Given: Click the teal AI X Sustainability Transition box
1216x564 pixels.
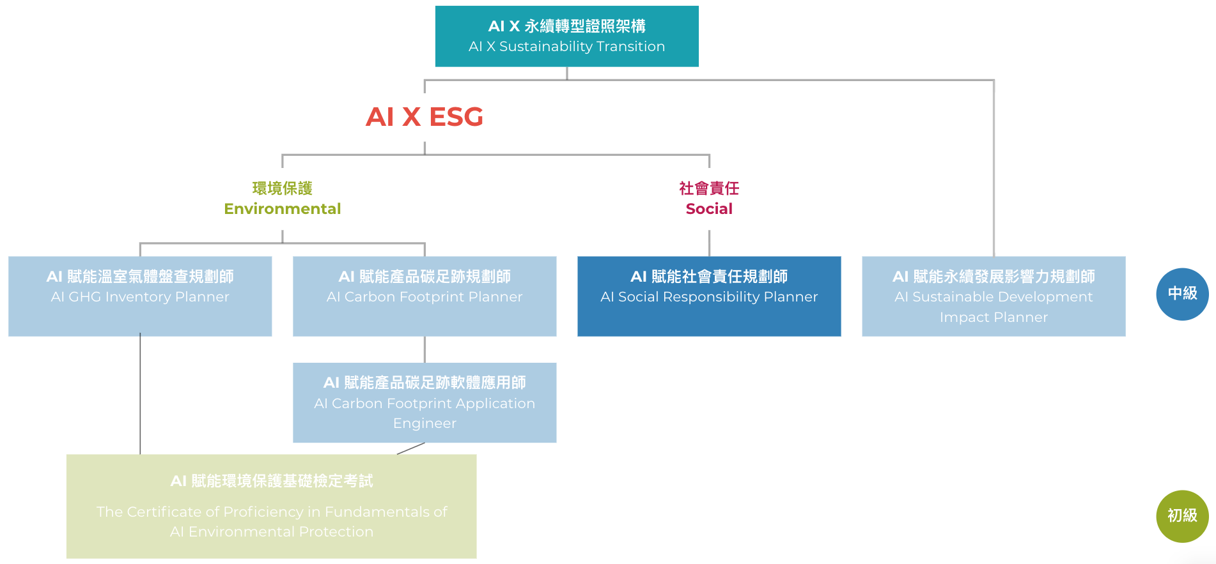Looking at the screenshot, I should coord(566,36).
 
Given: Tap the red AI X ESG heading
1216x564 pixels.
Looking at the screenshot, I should coord(425,117).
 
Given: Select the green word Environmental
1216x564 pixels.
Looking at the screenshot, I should coord(282,209).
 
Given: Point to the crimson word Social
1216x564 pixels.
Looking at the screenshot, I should coord(709,209).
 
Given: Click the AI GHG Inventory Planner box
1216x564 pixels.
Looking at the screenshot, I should coord(140,296).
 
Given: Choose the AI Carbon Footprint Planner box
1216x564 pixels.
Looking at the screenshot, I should coord(425,296).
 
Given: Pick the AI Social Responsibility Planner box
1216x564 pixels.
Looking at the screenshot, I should coord(709,296).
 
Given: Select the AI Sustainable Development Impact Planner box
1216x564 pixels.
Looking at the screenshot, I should coord(994,296).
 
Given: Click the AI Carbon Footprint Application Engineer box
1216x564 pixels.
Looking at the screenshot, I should coord(425,402).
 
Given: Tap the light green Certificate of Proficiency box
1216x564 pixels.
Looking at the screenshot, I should coord(271,506).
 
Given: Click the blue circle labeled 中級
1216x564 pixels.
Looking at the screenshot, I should coord(1182,294).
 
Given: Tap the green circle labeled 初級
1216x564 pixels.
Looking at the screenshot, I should coord(1182,516).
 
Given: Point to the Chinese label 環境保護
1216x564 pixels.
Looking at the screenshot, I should coord(282,188).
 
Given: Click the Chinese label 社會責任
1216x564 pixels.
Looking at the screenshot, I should coord(709,188).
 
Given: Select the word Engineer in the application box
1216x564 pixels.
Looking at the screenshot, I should coord(425,423).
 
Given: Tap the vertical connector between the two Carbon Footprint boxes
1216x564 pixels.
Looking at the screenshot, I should coord(425,349).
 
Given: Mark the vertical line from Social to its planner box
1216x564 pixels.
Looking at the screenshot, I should coord(709,243).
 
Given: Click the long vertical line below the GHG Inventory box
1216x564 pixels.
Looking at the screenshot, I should coord(140,396).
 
